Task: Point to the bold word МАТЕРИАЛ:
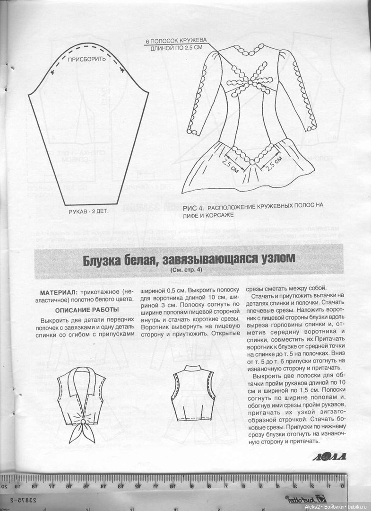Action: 59,293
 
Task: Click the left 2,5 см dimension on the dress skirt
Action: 231,167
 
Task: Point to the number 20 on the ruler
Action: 5,486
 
